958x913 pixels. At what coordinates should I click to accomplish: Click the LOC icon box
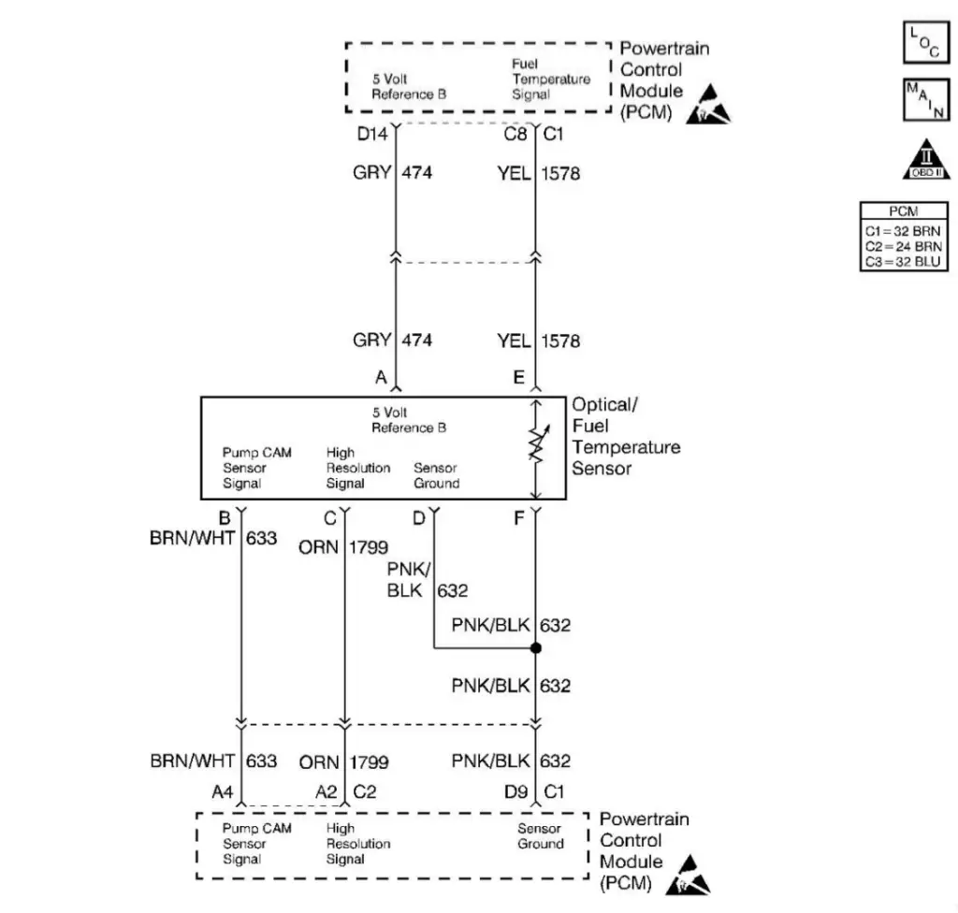[x=925, y=43]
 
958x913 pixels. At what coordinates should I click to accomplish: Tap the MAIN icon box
[x=925, y=100]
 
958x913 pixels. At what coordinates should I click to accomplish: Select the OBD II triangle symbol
[x=925, y=162]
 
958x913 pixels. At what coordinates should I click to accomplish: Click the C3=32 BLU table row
[x=901, y=262]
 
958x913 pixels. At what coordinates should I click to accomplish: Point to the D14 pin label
[x=372, y=135]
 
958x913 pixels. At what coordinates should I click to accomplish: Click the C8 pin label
[x=515, y=135]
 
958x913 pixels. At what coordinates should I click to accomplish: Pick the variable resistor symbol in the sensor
[x=536, y=446]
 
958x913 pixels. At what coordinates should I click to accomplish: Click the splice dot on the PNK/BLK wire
[x=535, y=647]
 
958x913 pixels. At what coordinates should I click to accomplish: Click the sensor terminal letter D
[x=419, y=516]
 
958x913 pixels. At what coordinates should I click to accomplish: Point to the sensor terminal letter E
[x=518, y=378]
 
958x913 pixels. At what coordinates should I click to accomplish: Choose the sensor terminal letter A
[x=381, y=378]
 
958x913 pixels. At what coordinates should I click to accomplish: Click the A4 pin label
[x=222, y=791]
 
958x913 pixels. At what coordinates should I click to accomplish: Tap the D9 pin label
[x=516, y=791]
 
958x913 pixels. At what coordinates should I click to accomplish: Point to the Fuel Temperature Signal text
[x=550, y=80]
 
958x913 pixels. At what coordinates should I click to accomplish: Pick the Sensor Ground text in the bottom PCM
[x=541, y=836]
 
